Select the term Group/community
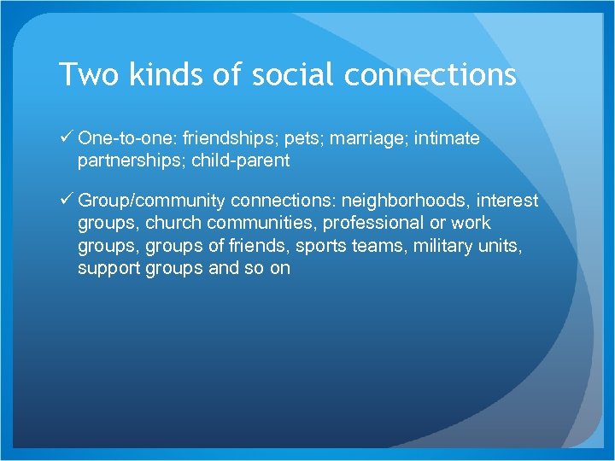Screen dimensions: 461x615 tap(151, 201)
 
